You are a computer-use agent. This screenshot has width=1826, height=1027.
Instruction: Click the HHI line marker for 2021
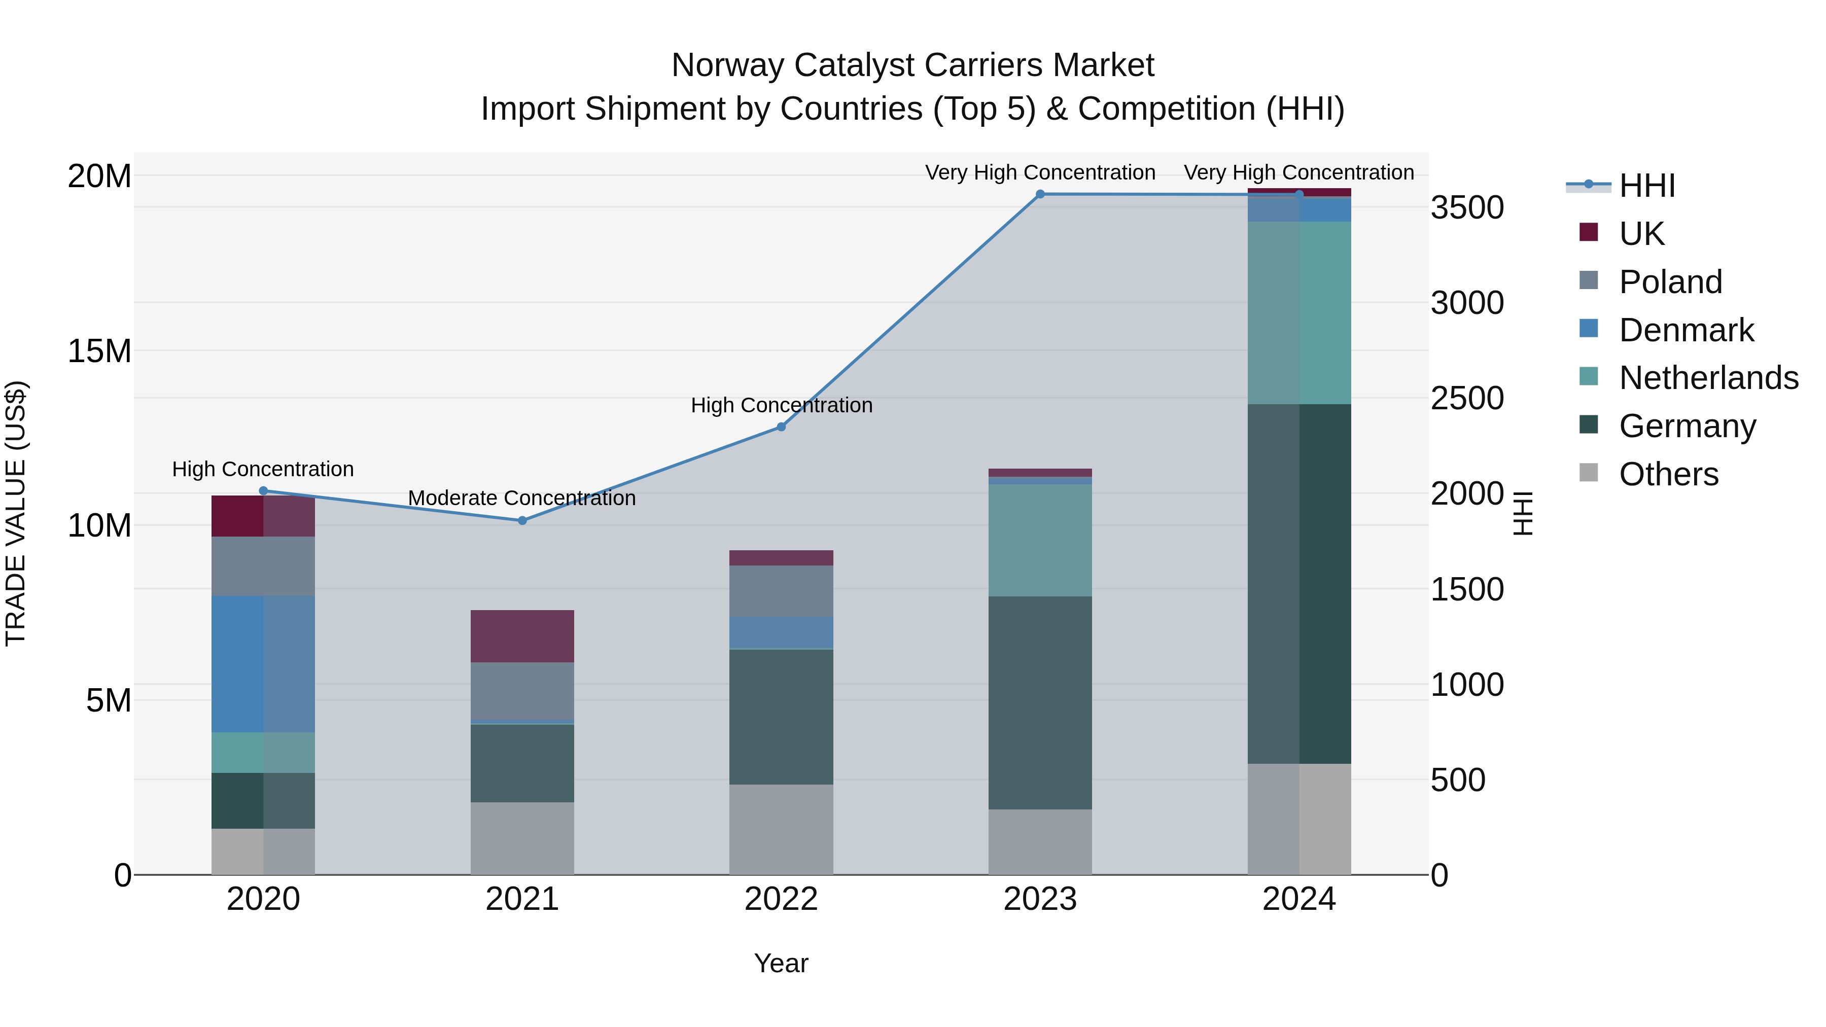(522, 520)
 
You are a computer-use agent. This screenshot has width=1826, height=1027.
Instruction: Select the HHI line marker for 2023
(1040, 194)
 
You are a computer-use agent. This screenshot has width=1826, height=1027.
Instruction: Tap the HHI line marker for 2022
(781, 427)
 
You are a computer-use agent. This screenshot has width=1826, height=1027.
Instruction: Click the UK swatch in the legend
(1589, 232)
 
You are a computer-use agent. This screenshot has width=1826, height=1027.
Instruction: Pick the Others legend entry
(1668, 474)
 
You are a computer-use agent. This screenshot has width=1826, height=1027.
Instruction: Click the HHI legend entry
(1646, 186)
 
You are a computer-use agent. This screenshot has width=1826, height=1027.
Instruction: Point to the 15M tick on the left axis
(99, 351)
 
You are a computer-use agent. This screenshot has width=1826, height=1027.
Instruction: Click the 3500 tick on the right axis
(1466, 207)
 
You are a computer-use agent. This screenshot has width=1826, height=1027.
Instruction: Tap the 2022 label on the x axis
(781, 899)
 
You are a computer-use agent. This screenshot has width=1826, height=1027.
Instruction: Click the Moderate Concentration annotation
(522, 498)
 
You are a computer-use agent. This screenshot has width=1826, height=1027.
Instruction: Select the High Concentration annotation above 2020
(263, 469)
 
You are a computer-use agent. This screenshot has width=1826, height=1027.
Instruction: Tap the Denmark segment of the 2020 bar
(263, 663)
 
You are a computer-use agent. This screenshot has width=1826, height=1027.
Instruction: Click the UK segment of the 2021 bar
(522, 636)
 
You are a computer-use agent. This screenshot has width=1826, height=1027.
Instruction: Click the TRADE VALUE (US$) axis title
(16, 513)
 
